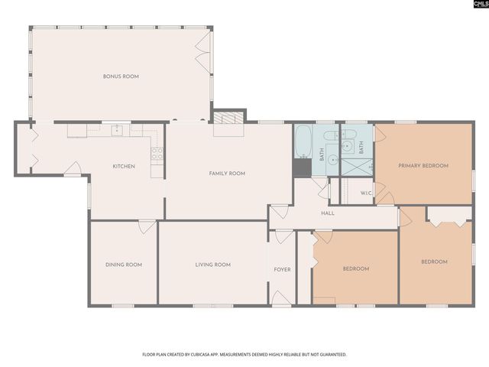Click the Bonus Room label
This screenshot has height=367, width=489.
click(121, 76)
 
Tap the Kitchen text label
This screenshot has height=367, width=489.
click(124, 166)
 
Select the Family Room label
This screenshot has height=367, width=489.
click(227, 174)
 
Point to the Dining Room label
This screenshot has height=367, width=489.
click(124, 265)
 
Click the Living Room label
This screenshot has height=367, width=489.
click(212, 265)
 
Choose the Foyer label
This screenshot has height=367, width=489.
click(282, 270)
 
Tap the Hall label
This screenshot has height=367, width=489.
click(328, 213)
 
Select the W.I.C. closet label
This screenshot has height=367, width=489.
click(366, 193)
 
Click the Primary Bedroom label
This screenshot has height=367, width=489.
click(423, 165)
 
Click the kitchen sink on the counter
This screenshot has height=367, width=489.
click(117, 131)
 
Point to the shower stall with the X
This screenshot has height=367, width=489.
click(355, 164)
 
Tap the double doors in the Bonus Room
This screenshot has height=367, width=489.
click(202, 47)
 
